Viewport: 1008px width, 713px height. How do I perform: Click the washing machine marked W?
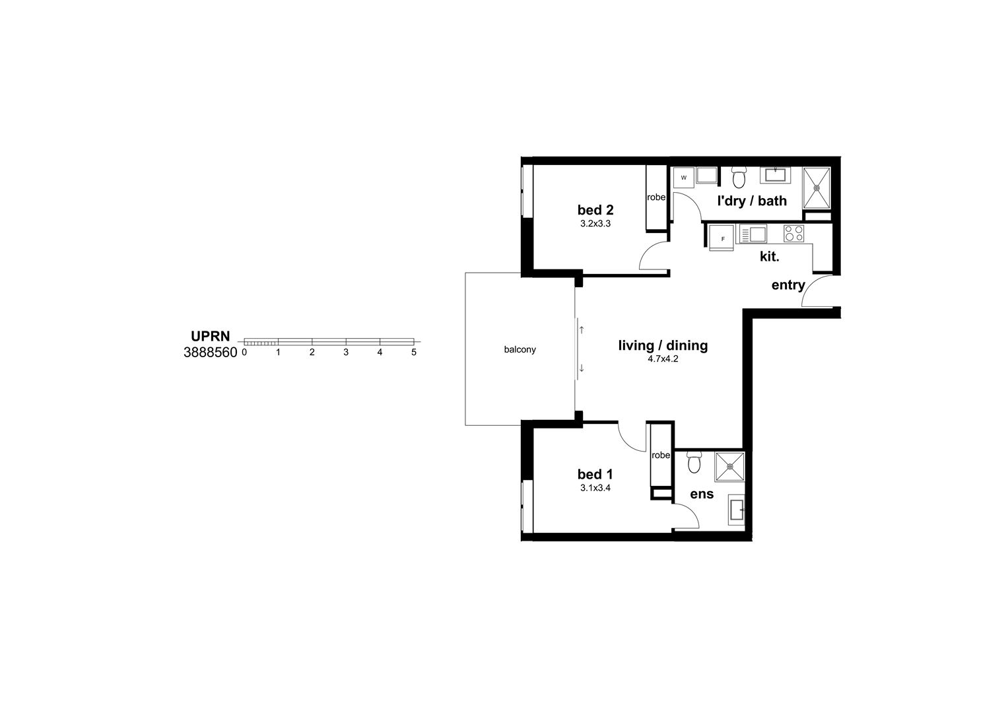[683, 178]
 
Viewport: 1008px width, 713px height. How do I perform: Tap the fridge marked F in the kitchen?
[723, 238]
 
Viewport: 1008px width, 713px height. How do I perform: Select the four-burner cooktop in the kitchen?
[793, 233]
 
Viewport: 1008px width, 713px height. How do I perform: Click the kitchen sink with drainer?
[753, 234]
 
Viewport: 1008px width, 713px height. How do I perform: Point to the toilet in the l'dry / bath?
[739, 178]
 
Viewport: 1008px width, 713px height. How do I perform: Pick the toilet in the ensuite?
[693, 462]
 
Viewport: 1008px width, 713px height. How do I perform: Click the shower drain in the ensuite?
[730, 466]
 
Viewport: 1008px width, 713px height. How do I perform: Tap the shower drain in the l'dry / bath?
[817, 187]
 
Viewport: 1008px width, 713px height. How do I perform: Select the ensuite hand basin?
[737, 510]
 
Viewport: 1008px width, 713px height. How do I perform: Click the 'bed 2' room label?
[595, 210]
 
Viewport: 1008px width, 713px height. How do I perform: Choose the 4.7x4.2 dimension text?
[663, 360]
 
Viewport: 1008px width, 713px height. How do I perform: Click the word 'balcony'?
[520, 349]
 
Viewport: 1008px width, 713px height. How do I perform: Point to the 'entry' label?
[788, 285]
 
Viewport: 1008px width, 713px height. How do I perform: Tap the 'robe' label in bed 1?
[661, 456]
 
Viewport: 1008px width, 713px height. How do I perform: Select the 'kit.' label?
[769, 257]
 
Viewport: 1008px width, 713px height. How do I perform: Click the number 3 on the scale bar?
[346, 353]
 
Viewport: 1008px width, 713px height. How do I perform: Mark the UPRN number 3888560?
[210, 353]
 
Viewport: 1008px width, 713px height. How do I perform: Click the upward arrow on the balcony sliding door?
[581, 329]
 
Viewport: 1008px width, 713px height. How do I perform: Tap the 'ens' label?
[702, 494]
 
